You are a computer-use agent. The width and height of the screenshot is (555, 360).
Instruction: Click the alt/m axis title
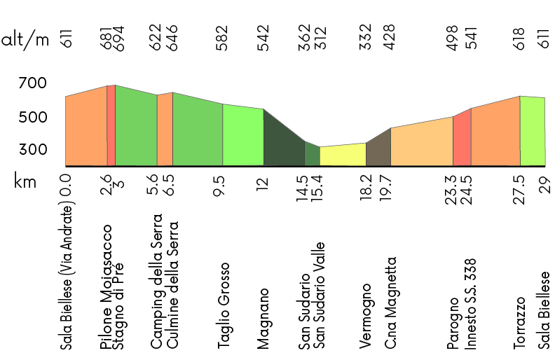26,39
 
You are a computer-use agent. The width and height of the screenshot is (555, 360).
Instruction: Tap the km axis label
25,183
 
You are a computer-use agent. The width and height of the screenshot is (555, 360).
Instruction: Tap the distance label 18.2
365,189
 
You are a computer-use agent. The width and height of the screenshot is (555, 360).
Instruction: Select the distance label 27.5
519,189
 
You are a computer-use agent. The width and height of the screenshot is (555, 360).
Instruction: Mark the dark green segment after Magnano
283,144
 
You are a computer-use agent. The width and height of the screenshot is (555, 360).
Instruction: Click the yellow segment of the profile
343,155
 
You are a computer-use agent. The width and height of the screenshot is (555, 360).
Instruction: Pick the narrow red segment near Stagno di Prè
111,126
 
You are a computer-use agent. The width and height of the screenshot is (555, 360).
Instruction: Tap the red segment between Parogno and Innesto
462,139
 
